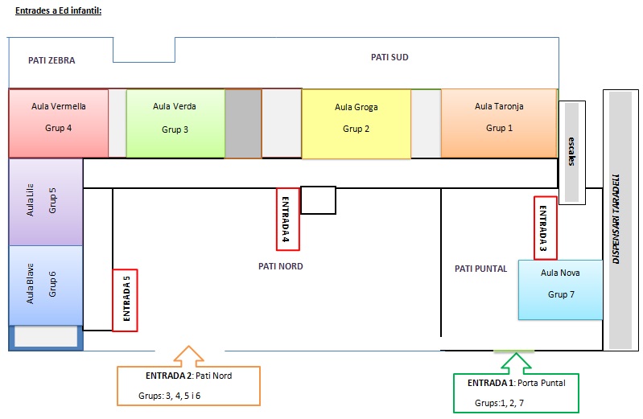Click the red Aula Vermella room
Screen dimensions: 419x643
coord(58,122)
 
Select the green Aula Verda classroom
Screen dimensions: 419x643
coord(175,123)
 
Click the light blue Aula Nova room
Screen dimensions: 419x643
coord(560,289)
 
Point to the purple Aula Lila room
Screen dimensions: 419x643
coord(45,202)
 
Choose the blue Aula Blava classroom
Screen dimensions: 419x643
coord(45,285)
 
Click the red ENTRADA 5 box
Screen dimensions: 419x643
coord(126,299)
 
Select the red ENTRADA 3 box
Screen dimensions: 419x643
coord(545,228)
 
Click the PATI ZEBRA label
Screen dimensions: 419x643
coord(51,60)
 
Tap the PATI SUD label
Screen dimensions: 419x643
coord(390,57)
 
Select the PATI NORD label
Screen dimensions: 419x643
coord(281,266)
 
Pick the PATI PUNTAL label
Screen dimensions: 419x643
coord(480,269)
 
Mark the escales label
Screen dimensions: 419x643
coord(571,151)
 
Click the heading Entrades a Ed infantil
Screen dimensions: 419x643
coord(58,10)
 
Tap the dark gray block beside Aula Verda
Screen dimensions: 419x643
coord(243,123)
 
